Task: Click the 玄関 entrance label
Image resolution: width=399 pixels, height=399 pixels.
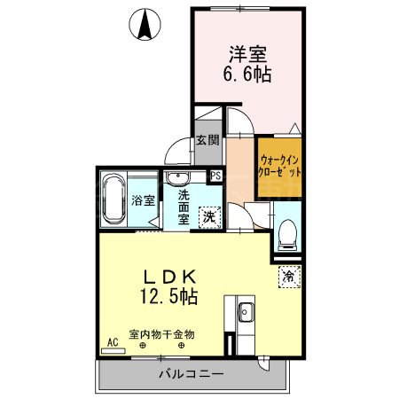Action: tap(207, 139)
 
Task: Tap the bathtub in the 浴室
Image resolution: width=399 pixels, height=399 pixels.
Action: tap(113, 199)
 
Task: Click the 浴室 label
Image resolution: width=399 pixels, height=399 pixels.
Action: tap(141, 200)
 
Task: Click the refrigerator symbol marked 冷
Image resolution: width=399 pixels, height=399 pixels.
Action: tap(287, 276)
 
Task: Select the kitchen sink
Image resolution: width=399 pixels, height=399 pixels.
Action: tap(246, 311)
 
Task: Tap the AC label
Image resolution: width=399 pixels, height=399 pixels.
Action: tap(113, 341)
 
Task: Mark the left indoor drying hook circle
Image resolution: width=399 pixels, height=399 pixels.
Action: tap(142, 347)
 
